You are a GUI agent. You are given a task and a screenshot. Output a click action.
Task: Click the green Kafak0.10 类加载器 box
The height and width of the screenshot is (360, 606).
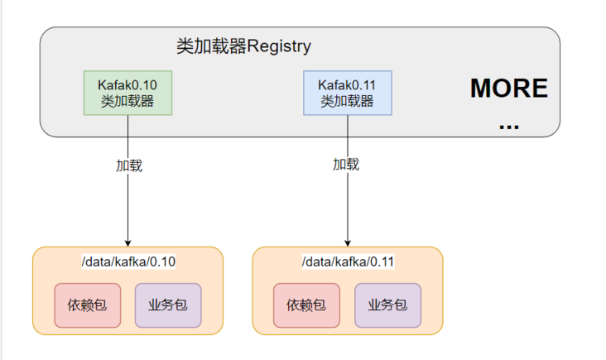point(128,93)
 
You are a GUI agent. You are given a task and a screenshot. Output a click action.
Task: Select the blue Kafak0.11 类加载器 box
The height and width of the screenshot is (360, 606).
point(348,93)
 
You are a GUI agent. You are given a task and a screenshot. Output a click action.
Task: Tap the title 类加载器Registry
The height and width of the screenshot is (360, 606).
point(244,46)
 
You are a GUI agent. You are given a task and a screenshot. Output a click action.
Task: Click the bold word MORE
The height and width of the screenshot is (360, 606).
point(509,88)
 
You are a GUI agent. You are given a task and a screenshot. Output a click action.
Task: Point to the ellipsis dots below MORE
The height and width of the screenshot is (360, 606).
point(509,127)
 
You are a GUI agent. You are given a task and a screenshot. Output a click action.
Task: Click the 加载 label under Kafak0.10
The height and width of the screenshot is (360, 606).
point(129,166)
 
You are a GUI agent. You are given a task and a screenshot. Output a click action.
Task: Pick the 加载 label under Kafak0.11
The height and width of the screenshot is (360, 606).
point(346,165)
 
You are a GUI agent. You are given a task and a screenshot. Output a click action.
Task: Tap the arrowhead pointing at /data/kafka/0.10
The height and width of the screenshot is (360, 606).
point(128,243)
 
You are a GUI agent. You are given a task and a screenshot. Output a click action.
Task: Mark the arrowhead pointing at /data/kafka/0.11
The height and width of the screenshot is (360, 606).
point(348,243)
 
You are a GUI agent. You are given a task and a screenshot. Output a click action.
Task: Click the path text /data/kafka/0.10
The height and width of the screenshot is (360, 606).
point(128,262)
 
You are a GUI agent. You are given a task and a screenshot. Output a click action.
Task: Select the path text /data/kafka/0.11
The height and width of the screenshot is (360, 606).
point(348,262)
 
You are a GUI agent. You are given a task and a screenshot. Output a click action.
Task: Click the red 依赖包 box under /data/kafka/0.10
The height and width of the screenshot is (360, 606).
point(88,305)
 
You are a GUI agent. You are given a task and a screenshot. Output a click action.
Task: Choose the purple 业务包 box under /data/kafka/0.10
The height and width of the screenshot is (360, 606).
point(168,305)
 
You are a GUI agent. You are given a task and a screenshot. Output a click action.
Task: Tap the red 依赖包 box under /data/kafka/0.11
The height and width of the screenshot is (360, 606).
point(306,305)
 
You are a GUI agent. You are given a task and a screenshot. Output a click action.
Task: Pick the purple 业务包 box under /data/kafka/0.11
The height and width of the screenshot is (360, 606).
point(387,305)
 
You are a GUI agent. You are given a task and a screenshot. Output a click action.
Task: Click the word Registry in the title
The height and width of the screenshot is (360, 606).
point(279,47)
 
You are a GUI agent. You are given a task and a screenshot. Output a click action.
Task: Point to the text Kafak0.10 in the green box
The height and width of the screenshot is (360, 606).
point(127,85)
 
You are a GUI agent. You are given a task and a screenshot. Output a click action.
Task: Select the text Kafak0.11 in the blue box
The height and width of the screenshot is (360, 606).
point(347,85)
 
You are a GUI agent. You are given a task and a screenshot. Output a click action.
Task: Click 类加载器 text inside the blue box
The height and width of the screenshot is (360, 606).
point(347,101)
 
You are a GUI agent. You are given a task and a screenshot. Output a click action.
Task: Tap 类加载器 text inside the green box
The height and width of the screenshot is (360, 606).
point(127,101)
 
